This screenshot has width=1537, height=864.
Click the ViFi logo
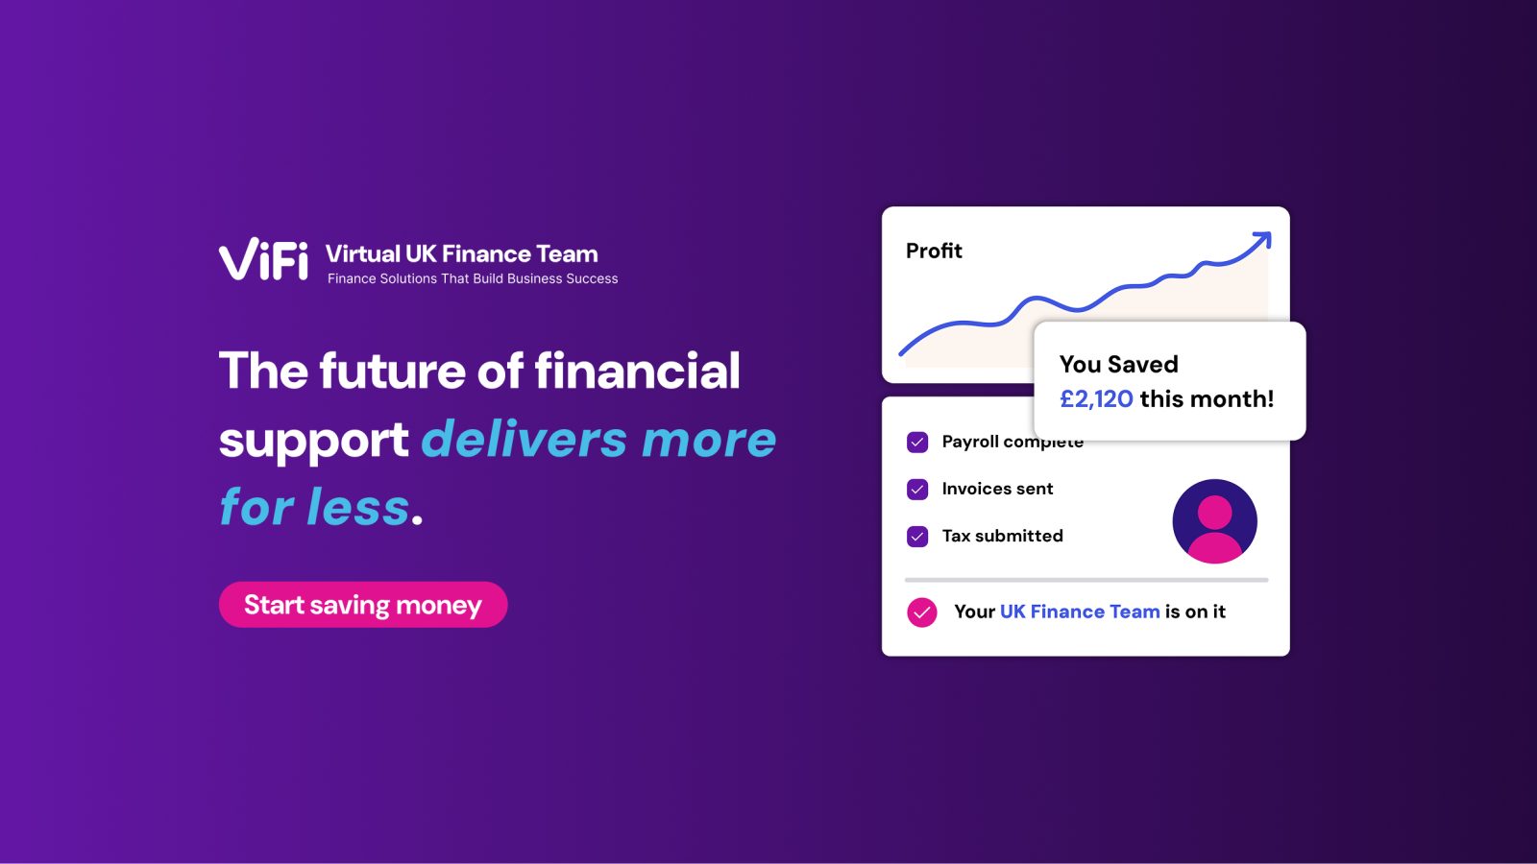[x=263, y=259]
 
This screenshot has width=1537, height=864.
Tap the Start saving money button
[x=363, y=604]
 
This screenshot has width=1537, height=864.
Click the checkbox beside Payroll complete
[x=917, y=443]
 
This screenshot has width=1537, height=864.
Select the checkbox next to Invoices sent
[x=917, y=489]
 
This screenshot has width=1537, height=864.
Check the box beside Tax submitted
[x=917, y=537]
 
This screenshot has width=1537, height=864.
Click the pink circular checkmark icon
[x=921, y=612]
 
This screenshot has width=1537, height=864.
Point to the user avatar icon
[x=1214, y=521]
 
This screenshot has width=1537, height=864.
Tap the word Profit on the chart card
[x=934, y=251]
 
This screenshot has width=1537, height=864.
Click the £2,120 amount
[x=1096, y=398]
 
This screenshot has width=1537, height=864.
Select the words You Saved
[x=1118, y=364]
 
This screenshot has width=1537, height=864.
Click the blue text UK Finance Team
[x=1080, y=611]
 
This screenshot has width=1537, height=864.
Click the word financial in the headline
[x=638, y=371]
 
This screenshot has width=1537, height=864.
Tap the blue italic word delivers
[x=524, y=439]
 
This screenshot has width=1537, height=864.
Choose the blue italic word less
[x=357, y=507]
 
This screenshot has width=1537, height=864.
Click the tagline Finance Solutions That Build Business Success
[x=473, y=278]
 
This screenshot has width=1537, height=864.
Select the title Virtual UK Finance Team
[x=462, y=253]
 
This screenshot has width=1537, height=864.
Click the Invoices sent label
[x=997, y=489]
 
